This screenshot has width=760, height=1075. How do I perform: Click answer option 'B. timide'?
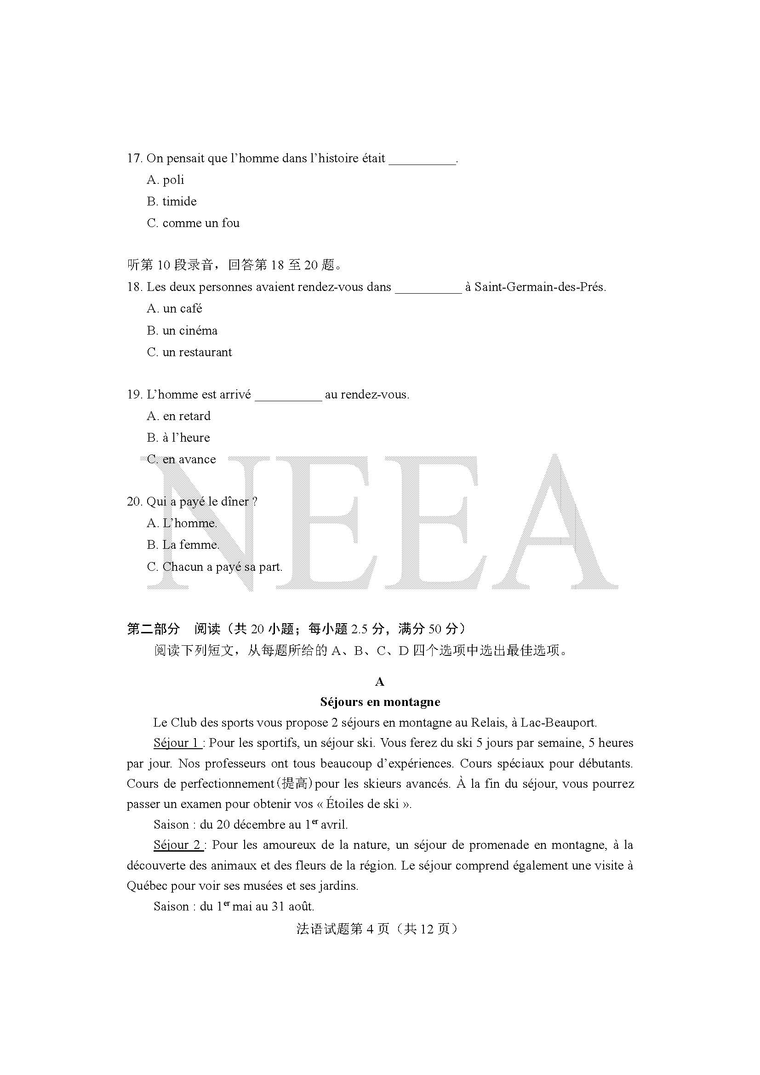tap(171, 201)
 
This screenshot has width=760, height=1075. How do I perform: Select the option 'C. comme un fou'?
tap(193, 223)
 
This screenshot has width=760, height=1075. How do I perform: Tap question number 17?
tap(134, 158)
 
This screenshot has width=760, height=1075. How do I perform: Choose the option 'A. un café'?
tap(174, 308)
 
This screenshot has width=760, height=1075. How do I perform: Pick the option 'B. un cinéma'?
tap(182, 330)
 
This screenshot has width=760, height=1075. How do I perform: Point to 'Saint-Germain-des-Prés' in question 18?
tap(539, 287)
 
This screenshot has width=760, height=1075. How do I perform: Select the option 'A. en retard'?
tap(178, 416)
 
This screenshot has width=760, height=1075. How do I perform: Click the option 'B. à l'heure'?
tap(178, 437)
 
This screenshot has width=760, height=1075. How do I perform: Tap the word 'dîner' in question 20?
tap(234, 501)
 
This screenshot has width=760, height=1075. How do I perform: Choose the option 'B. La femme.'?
tap(183, 545)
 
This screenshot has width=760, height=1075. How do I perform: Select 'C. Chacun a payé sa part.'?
tap(214, 567)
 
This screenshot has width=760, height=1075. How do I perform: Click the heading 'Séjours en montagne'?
tap(380, 702)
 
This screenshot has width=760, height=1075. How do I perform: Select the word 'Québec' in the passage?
tap(147, 886)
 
